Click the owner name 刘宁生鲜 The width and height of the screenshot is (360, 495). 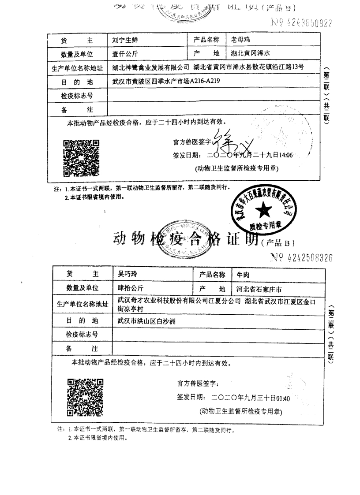point(126,41)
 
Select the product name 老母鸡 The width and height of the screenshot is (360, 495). point(241,40)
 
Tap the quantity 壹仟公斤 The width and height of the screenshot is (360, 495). point(126,54)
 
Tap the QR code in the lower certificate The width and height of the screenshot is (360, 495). point(85,397)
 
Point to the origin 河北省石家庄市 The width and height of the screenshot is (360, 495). point(259,289)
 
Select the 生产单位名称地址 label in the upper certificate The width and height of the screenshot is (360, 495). point(77,68)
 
